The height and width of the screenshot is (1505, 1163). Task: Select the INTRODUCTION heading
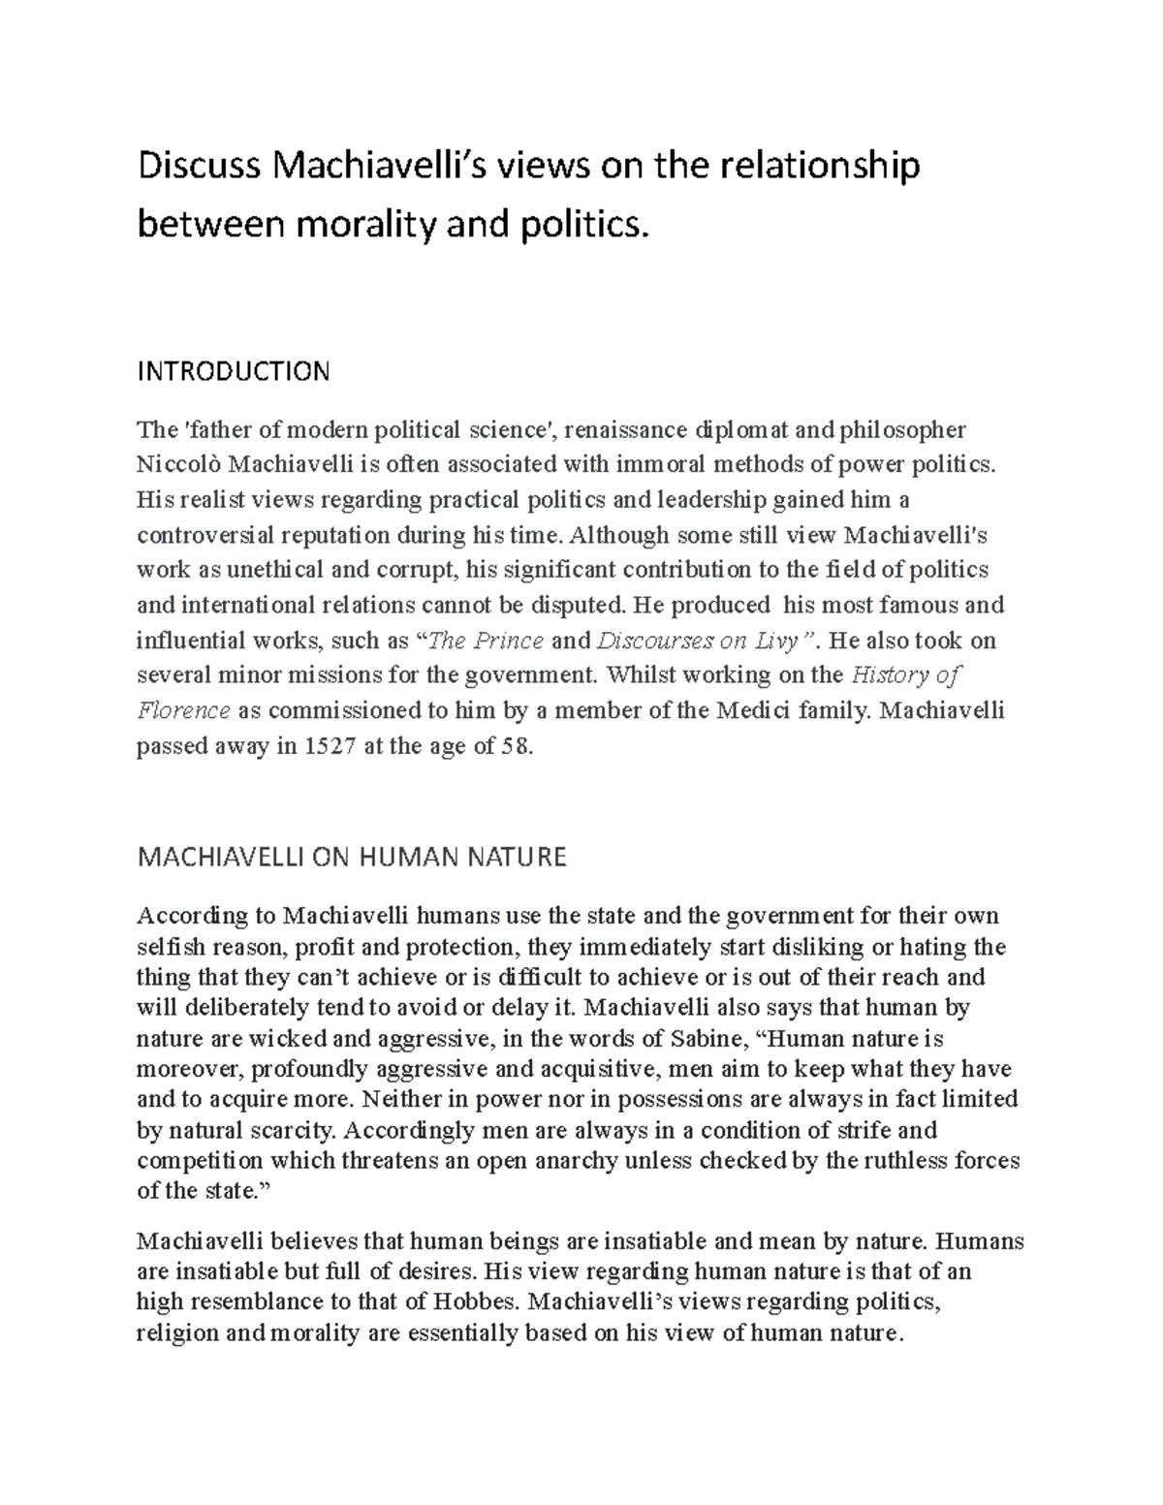coord(234,371)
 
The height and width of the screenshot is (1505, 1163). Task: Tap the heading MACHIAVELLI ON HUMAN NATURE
coord(352,857)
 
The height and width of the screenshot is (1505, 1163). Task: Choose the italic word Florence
coord(183,711)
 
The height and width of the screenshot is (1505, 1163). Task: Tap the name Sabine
coord(705,1039)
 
